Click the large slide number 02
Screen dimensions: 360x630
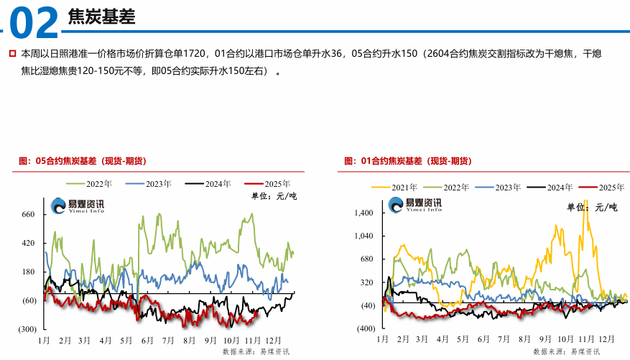[x=34, y=23]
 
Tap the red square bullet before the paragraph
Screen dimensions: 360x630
[x=13, y=53]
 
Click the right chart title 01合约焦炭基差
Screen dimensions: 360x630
[x=407, y=160]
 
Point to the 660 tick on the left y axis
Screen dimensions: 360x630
[x=29, y=214]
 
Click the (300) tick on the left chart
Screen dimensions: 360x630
[x=27, y=328]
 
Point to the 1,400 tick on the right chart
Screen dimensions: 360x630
[x=364, y=213]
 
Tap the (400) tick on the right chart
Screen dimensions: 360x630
[x=366, y=328]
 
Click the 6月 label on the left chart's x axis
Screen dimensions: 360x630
[x=147, y=338]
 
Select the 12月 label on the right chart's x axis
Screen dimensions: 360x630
[x=607, y=338]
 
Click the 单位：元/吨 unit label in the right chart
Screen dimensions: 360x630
[x=592, y=207]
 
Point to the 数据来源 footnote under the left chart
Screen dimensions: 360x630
[x=256, y=351]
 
